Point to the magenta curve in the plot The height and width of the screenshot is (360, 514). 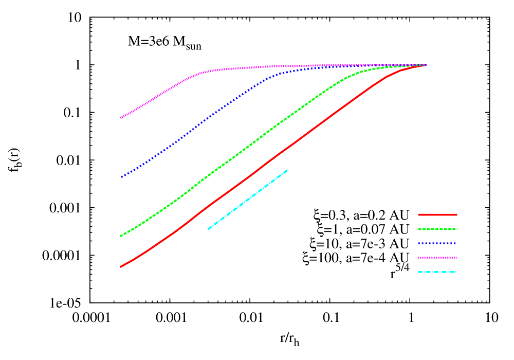click(x=154, y=98)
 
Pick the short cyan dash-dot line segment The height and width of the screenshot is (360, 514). click(x=247, y=199)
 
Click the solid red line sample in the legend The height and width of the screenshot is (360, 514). click(x=437, y=214)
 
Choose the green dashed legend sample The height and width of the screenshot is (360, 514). click(x=437, y=229)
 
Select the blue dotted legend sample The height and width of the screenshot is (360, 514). click(x=437, y=243)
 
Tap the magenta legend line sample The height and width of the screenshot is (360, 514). click(x=437, y=258)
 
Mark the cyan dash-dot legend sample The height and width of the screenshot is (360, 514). click(x=437, y=272)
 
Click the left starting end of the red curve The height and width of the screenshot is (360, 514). click(x=120, y=267)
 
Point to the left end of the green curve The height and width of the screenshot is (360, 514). click(x=120, y=236)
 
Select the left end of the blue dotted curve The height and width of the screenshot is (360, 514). click(x=121, y=177)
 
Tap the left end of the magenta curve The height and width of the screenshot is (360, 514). click(x=121, y=118)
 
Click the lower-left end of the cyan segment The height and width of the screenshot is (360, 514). click(x=208, y=229)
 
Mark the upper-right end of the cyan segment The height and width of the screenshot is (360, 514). click(x=287, y=170)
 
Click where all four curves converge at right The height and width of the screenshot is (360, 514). click(x=426, y=65)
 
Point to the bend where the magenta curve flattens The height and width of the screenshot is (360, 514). click(x=203, y=72)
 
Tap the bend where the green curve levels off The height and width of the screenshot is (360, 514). click(x=350, y=76)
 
